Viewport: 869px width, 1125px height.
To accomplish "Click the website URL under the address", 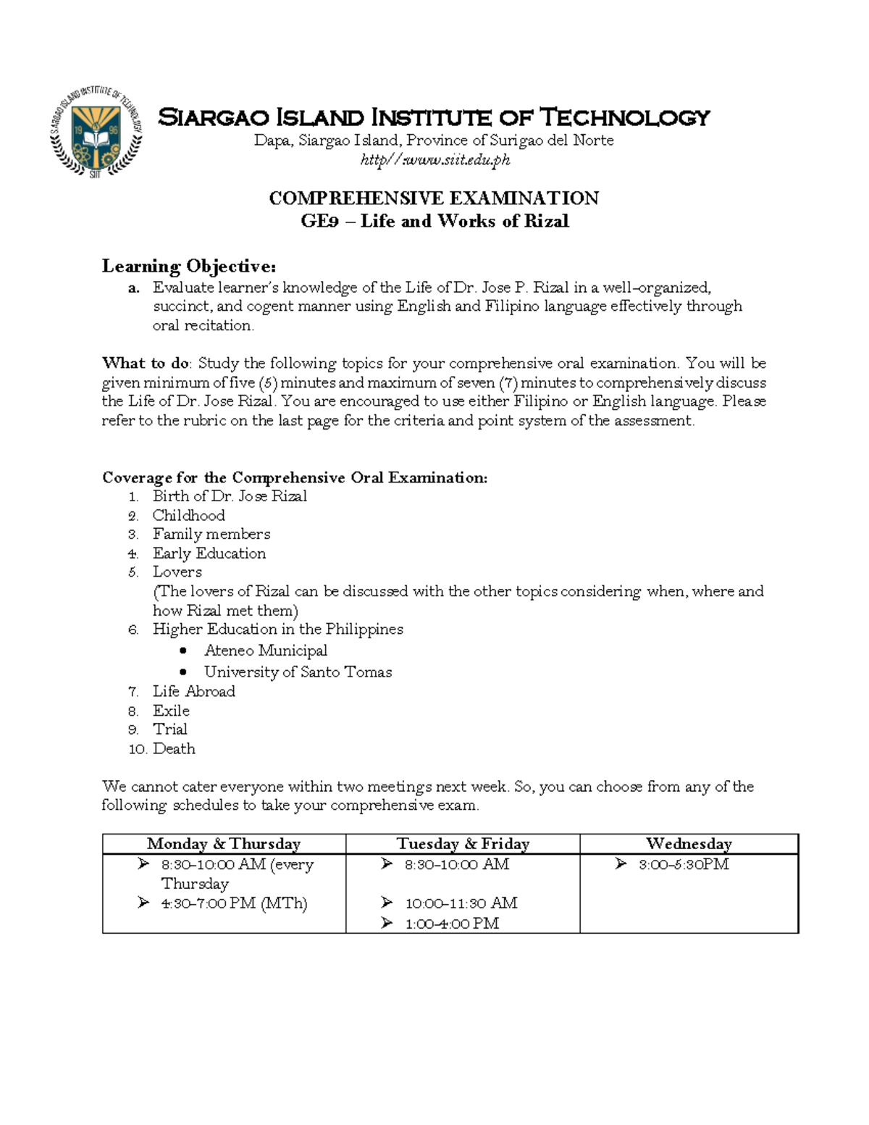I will tap(434, 160).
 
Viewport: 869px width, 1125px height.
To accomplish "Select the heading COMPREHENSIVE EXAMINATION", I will tap(434, 198).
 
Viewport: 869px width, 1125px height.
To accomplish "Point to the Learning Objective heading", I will tap(189, 266).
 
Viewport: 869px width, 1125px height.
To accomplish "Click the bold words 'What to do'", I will tap(146, 363).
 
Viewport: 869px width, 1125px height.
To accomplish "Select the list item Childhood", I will tap(188, 515).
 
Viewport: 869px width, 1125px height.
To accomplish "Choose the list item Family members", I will tap(211, 534).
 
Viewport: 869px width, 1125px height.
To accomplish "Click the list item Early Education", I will tap(209, 553).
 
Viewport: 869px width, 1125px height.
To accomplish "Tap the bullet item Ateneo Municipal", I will tap(265, 651).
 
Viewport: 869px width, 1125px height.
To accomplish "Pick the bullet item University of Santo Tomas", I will tap(298, 672).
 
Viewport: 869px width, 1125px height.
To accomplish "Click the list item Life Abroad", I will tap(193, 692).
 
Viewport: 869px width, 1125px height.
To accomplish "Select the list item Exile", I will tap(171, 711).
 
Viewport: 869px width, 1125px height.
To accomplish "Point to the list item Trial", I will tap(169, 729).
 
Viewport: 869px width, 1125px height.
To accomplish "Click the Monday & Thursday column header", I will tap(223, 844).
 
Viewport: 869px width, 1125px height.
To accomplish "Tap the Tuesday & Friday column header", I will tap(463, 844).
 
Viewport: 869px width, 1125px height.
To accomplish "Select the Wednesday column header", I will tap(689, 844).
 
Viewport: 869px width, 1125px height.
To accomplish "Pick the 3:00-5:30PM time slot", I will tap(683, 864).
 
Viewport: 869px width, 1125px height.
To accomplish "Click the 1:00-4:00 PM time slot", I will tap(451, 924).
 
